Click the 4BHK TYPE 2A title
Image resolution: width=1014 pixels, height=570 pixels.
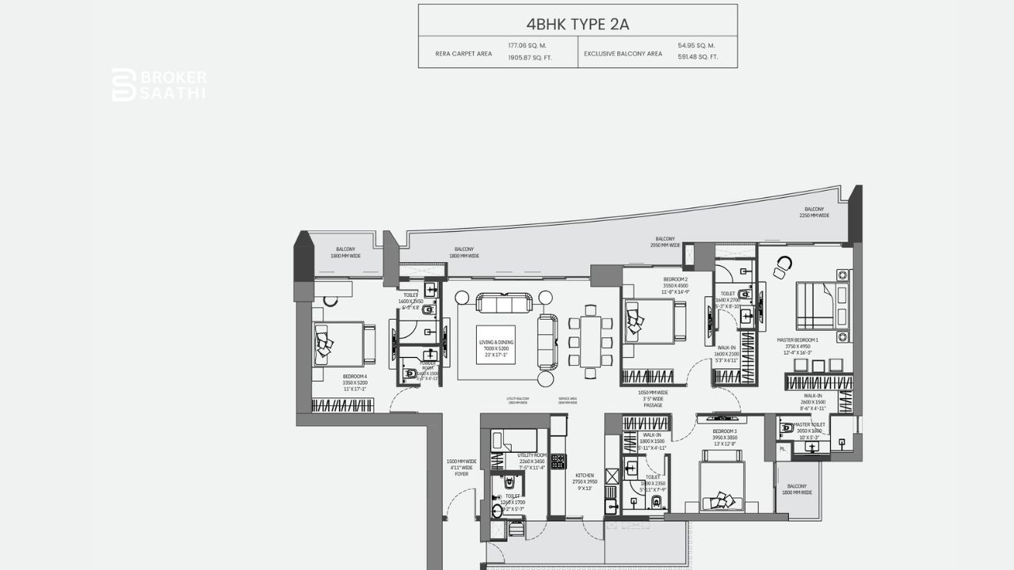(x=578, y=24)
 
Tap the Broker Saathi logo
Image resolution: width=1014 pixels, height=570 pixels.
(x=159, y=85)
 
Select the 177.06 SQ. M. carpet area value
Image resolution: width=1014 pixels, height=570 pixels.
(x=527, y=46)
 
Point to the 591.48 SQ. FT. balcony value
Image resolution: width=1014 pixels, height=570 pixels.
(x=698, y=57)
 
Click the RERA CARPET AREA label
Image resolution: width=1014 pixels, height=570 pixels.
(x=463, y=54)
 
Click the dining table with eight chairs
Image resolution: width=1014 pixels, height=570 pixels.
(x=590, y=340)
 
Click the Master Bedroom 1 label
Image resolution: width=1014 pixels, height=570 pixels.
(x=798, y=346)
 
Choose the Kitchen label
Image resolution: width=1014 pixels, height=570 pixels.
(x=585, y=481)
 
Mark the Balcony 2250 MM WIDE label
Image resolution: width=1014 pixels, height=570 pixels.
(x=814, y=212)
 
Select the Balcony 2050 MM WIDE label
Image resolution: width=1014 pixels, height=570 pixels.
(x=665, y=242)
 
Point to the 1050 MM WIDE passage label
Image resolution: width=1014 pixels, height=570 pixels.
(x=653, y=398)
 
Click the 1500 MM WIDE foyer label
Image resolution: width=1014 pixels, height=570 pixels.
(x=461, y=467)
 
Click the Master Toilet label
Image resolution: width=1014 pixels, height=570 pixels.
(x=809, y=428)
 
